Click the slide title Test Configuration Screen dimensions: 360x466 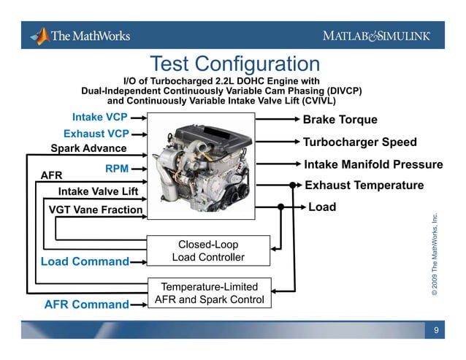coord(234,64)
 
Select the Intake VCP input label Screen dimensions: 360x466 coord(99,117)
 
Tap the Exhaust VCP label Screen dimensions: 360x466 coord(96,134)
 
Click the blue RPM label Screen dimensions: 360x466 coord(117,169)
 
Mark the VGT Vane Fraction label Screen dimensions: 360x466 coord(95,210)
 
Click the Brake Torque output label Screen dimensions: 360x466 coord(340,120)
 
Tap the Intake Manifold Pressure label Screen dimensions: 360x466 coord(373,165)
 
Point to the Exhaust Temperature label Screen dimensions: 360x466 coord(364,185)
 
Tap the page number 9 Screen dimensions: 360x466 coord(436,332)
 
